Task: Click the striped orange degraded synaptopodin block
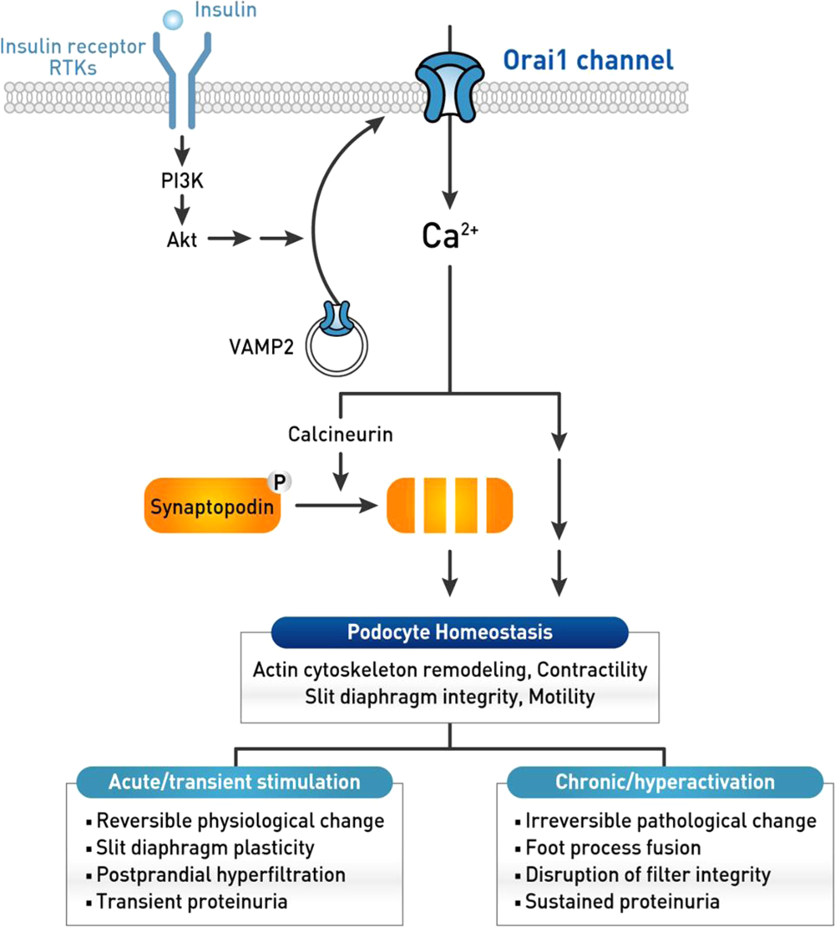[x=450, y=504]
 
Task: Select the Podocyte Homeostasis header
[x=450, y=632]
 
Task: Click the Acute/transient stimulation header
[x=234, y=782]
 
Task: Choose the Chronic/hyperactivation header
[x=665, y=782]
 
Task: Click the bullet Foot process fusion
[x=613, y=848]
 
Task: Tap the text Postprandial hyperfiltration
[x=220, y=874]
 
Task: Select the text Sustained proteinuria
[x=622, y=901]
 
